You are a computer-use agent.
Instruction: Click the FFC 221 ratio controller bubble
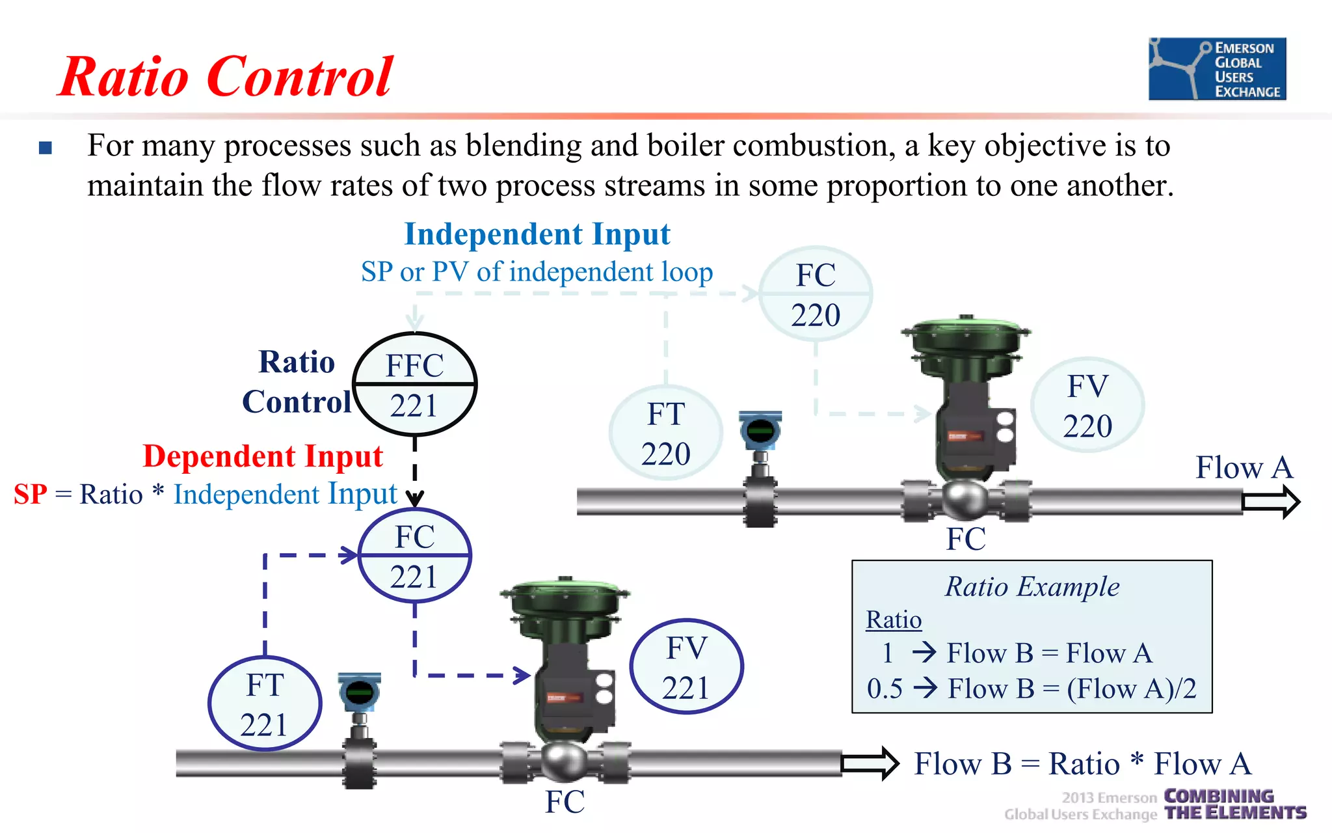pos(415,385)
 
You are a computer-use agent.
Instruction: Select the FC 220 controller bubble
pos(816,294)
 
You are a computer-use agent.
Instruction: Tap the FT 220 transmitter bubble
pos(666,433)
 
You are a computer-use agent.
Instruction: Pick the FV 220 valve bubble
pos(1087,405)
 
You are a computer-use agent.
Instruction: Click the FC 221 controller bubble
pos(415,556)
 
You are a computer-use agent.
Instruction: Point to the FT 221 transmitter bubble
pos(265,704)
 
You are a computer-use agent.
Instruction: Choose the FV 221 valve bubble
pos(686,667)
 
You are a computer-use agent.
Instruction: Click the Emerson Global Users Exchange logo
pos(1217,69)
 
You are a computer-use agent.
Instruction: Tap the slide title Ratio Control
pos(226,77)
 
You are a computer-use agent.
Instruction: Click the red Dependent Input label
pos(263,456)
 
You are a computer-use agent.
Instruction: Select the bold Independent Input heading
pos(537,234)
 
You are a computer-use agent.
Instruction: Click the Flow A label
pos(1244,467)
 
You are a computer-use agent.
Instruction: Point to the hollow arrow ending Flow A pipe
pos(1271,502)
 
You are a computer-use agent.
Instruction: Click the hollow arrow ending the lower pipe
pos(870,763)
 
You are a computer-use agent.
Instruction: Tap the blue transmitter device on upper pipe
pos(760,431)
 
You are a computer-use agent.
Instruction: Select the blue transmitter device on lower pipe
pos(359,693)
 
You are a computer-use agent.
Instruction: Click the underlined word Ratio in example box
pos(894,620)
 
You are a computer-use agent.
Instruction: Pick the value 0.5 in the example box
pos(885,689)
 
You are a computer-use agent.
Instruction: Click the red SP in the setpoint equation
pos(31,495)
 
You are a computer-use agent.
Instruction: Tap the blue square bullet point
pos(46,148)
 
